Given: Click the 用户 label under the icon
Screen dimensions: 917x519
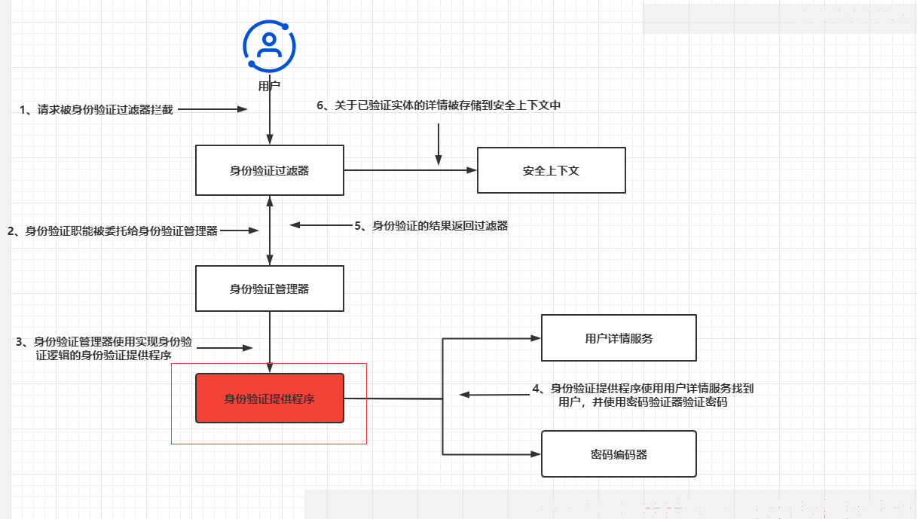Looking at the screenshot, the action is [x=269, y=86].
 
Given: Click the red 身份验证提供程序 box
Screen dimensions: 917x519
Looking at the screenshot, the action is [x=269, y=398].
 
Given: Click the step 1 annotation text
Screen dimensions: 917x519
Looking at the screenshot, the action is [x=96, y=110].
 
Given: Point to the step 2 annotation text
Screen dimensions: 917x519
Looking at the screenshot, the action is [x=112, y=231].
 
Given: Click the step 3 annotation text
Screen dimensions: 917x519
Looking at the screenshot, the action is [x=103, y=348].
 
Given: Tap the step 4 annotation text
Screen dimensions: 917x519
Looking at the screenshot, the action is [x=643, y=395].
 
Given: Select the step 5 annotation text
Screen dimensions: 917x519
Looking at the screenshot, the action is [x=431, y=226].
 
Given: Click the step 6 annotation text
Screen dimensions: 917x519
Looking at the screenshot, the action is [x=439, y=105].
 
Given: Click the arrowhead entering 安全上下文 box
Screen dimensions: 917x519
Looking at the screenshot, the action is [x=472, y=170].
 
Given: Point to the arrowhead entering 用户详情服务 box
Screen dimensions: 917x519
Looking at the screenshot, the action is [x=536, y=338].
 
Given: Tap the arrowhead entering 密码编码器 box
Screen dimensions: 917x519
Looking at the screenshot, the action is [x=536, y=454].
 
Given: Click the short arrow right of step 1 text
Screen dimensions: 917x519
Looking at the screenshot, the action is [x=213, y=109].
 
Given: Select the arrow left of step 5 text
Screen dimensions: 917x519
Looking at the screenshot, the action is [x=321, y=224].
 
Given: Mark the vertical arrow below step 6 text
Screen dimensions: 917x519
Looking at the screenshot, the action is [x=439, y=145].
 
